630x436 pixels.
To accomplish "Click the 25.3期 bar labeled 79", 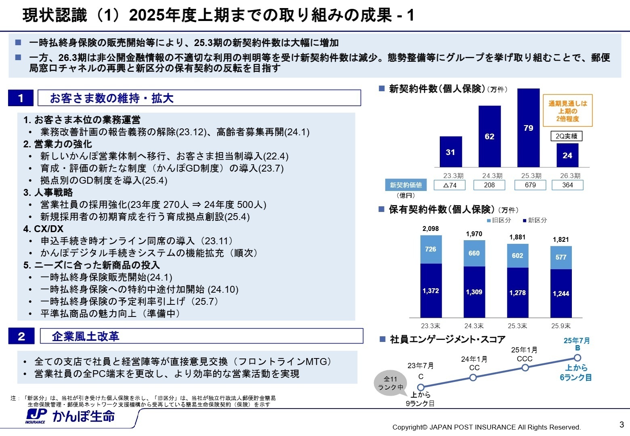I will click(528, 128).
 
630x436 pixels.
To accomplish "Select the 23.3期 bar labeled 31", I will click(451, 152).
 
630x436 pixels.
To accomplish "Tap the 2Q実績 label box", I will click(566, 136).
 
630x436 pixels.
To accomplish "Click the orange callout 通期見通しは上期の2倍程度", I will click(567, 111).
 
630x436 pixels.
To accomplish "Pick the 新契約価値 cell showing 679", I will click(530, 185).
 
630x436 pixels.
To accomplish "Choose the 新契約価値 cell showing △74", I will click(449, 185).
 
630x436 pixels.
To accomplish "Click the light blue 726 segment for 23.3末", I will click(430, 249).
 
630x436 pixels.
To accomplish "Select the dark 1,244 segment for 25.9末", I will click(561, 293).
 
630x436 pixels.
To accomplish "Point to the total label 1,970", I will click(474, 234).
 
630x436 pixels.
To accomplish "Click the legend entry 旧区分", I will click(499, 220).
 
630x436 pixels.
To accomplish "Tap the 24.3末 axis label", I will click(474, 326).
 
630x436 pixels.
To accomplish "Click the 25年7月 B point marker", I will click(577, 358).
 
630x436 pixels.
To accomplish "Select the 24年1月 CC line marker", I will click(473, 377).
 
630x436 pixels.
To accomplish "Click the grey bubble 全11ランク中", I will click(390, 383).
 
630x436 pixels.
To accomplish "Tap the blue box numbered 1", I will click(21, 98).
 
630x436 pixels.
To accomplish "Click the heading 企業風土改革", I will click(86, 336).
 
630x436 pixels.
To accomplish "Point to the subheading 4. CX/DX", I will click(43, 229).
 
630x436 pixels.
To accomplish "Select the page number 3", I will click(622, 424).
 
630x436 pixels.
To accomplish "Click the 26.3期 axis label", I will click(570, 176).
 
